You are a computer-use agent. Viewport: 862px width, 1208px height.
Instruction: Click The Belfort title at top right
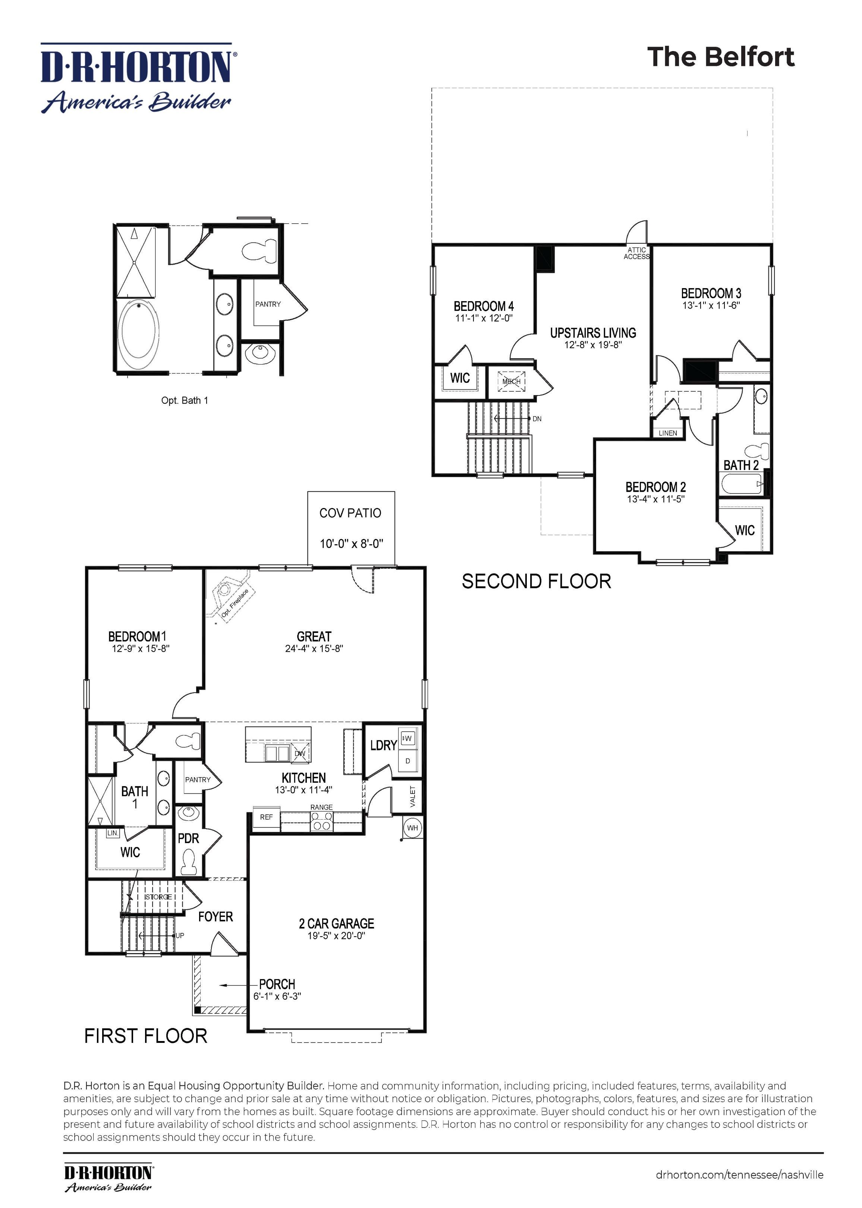[720, 57]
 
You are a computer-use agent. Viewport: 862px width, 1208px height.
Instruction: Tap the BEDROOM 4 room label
[484, 306]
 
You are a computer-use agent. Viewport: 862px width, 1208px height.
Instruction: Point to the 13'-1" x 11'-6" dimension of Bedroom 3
[711, 306]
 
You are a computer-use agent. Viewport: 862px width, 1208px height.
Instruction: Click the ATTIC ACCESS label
[636, 253]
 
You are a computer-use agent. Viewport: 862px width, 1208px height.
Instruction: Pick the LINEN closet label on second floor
[668, 433]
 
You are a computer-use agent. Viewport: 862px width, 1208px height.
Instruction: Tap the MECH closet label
[512, 381]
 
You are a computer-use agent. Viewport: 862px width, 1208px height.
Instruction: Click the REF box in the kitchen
[266, 817]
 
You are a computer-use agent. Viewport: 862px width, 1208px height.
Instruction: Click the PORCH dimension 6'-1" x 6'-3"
[277, 996]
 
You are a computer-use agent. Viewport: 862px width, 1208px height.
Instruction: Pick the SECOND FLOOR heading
[536, 581]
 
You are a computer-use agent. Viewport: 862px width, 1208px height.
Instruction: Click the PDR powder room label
[188, 839]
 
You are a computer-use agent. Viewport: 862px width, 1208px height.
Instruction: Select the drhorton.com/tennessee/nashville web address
[739, 1174]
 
